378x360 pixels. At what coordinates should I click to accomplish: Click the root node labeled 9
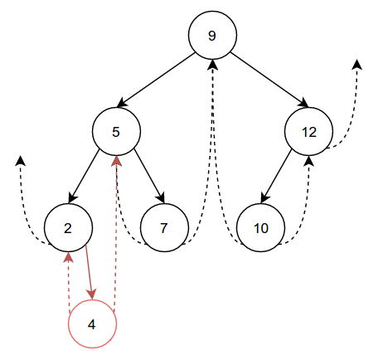(x=212, y=35)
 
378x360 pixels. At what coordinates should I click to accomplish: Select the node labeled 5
(x=116, y=131)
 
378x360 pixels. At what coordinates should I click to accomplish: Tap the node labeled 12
(x=308, y=131)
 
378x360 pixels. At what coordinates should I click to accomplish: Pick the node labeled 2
(x=68, y=227)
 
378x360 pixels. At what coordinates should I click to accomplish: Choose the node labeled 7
(x=164, y=227)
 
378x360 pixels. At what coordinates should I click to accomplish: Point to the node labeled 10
(x=260, y=227)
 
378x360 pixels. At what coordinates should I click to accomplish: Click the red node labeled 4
(x=92, y=324)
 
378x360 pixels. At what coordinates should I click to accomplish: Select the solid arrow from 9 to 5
(x=156, y=80)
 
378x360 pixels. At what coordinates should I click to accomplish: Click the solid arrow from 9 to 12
(x=269, y=80)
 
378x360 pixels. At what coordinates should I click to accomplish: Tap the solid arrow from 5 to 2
(x=84, y=176)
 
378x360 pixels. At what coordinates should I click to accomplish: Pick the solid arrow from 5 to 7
(x=149, y=176)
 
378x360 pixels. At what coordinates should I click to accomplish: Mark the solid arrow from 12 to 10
(x=276, y=176)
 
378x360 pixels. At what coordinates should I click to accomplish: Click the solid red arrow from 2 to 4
(x=90, y=272)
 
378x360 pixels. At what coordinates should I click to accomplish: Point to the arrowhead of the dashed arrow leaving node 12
(x=357, y=64)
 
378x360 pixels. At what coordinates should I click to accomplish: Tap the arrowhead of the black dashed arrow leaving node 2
(x=21, y=161)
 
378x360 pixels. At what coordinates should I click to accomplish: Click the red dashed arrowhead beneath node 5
(x=116, y=161)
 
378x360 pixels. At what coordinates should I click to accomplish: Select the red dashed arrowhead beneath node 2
(x=68, y=257)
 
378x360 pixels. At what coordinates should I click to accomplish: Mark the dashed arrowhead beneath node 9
(x=212, y=65)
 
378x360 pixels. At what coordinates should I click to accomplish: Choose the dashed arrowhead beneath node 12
(x=308, y=161)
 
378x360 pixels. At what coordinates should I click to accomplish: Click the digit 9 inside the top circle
(x=212, y=36)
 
